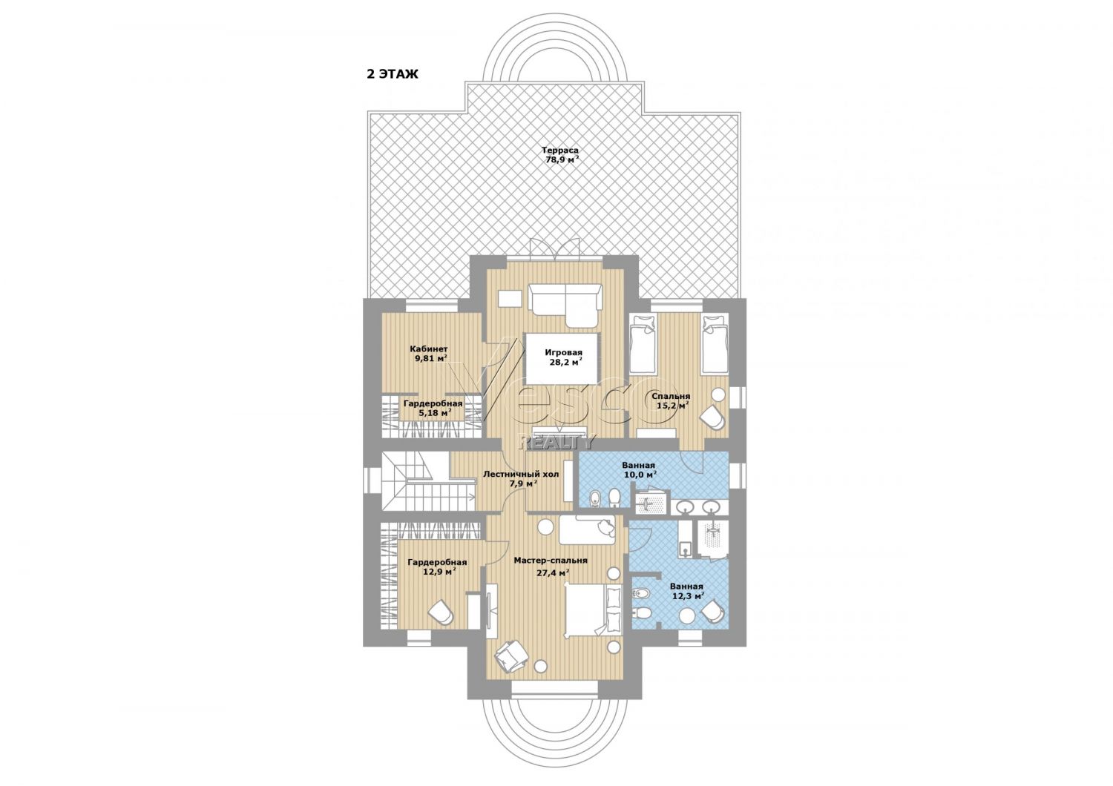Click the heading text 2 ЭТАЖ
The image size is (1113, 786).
click(393, 74)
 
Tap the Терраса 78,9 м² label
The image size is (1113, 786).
click(560, 155)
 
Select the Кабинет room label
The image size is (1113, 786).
click(429, 349)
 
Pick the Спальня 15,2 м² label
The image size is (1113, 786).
click(671, 400)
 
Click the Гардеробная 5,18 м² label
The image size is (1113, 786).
click(433, 408)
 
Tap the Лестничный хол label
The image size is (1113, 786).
click(521, 474)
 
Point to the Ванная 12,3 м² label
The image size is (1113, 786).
click(686, 591)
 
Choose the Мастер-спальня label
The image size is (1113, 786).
click(551, 561)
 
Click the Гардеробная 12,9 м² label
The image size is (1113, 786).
click(437, 567)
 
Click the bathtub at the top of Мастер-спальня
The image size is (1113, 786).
click(588, 529)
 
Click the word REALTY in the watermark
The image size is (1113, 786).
click(557, 441)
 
